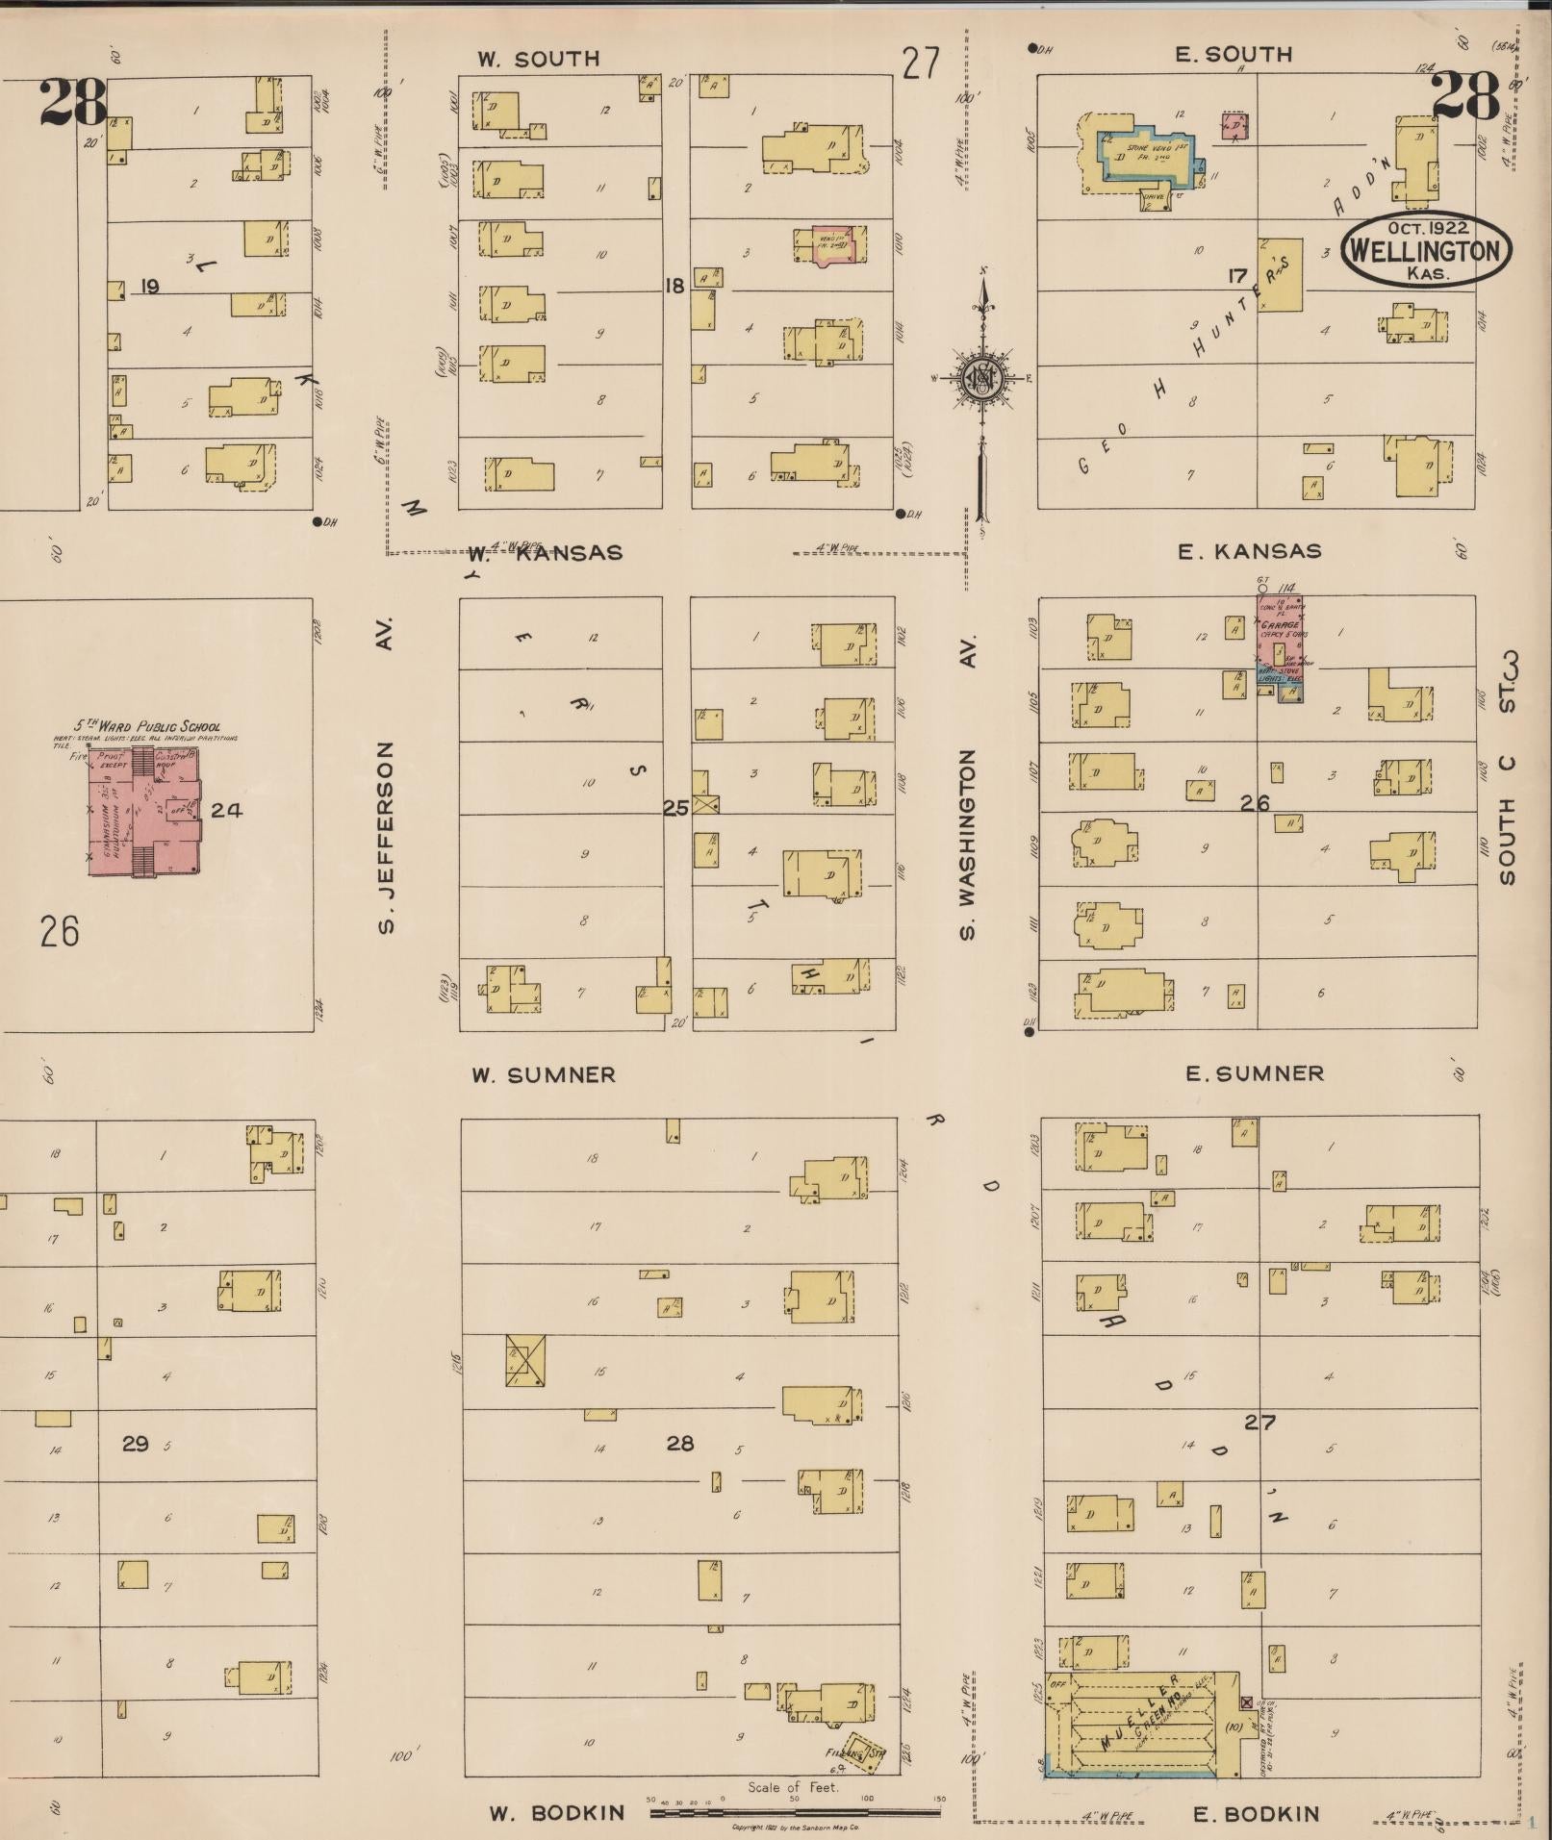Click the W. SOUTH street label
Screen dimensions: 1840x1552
(538, 60)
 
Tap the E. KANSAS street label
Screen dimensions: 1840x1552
(1249, 552)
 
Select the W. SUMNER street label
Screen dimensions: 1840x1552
(543, 1074)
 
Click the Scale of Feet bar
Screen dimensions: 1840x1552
(795, 1812)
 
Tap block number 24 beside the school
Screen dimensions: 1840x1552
(226, 810)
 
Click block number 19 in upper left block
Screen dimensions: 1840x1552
(148, 286)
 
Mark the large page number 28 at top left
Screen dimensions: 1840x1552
(72, 103)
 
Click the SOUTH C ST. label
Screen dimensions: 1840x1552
(1507, 769)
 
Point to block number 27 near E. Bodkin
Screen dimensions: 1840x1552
(1259, 1422)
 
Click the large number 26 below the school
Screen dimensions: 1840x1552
(60, 931)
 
